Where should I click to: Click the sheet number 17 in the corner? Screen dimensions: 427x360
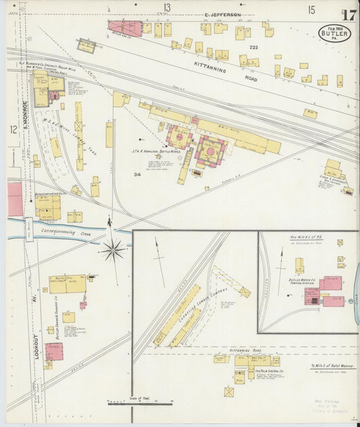(349, 14)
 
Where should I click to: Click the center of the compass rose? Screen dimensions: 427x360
(112, 250)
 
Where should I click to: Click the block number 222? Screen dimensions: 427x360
(254, 48)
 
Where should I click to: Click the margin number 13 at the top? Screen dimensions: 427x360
(166, 8)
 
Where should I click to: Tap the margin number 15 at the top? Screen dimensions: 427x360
(311, 9)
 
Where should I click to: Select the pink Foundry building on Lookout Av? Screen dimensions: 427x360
(54, 351)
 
